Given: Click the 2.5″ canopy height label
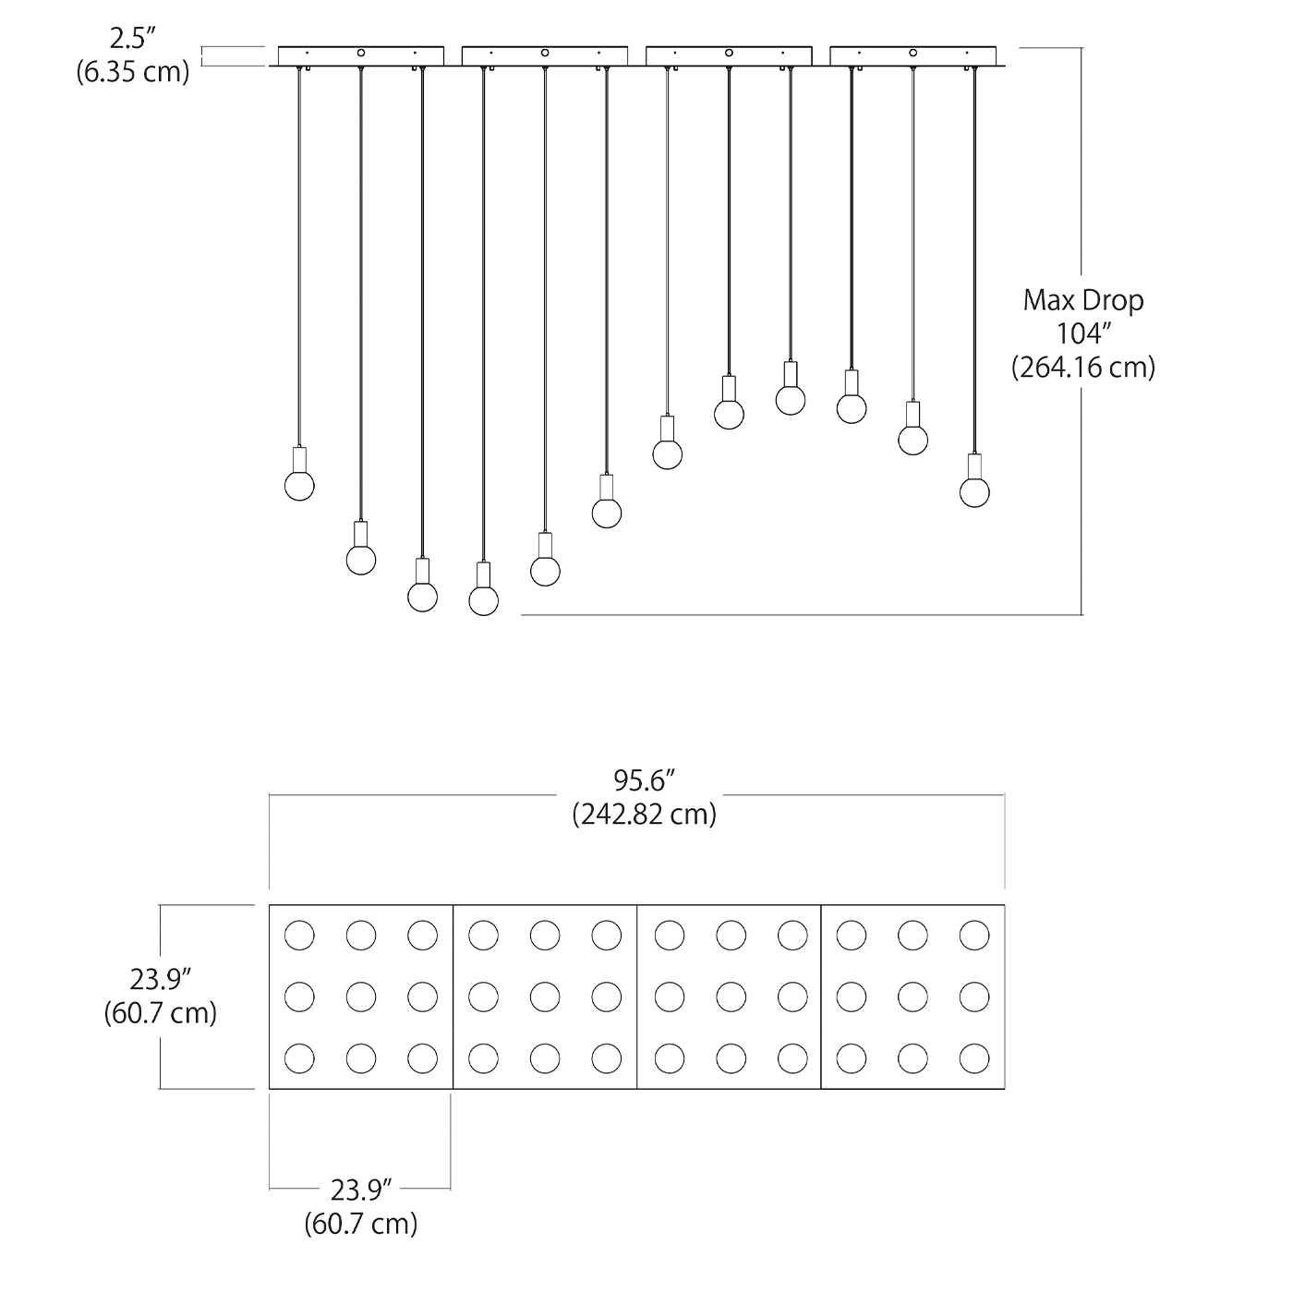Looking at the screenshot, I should click(133, 39).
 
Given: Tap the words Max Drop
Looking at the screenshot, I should click(1082, 300).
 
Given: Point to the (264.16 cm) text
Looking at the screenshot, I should click(1082, 368).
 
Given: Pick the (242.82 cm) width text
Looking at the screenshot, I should click(645, 815).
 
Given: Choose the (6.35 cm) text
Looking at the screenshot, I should click(133, 72).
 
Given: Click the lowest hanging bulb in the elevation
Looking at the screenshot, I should click(484, 600).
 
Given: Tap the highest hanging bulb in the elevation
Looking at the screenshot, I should click(791, 400).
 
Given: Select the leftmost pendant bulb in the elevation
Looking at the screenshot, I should click(299, 485).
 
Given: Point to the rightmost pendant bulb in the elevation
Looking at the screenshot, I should click(974, 492).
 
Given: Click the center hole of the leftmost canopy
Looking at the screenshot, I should click(361, 54).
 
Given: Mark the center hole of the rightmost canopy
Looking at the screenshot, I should click(912, 54).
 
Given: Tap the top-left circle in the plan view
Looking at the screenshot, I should click(299, 936).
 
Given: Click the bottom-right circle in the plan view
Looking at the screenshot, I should click(974, 1058).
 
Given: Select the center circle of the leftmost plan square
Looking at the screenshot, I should click(361, 997).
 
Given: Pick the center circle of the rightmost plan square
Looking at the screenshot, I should click(912, 997).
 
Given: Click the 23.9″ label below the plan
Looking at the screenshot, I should click(361, 1190).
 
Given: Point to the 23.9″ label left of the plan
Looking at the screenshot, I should click(161, 979).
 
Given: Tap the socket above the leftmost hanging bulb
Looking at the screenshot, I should click(299, 459).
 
